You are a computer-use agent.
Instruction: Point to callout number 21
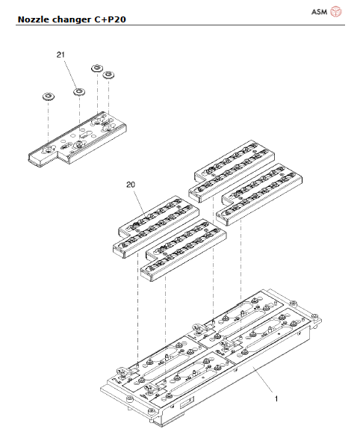[x=62, y=55]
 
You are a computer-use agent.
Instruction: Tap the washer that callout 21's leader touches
[x=78, y=92]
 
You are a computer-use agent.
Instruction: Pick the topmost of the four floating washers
[x=96, y=68]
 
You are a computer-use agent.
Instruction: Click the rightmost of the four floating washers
[x=109, y=75]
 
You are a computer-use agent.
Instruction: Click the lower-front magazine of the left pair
[x=183, y=254]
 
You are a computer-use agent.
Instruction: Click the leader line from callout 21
[x=70, y=73]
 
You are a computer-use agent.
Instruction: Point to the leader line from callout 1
[x=261, y=381]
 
